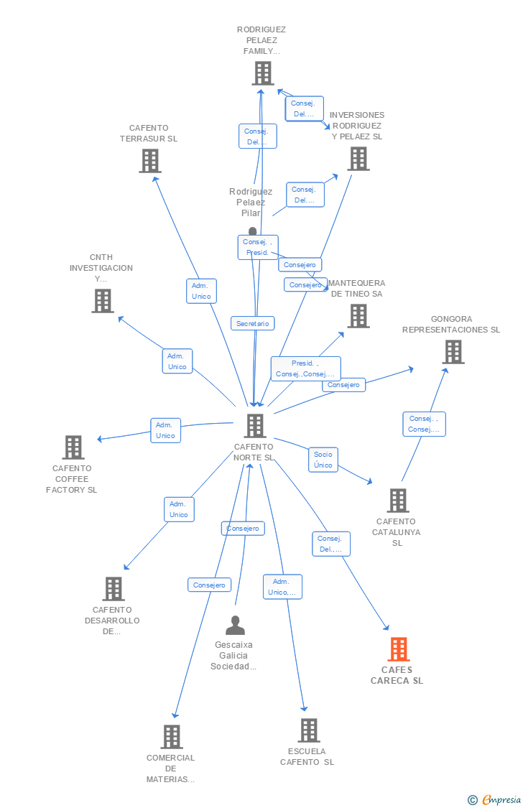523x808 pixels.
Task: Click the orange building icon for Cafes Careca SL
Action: point(399,649)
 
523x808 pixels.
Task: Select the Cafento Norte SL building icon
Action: point(255,426)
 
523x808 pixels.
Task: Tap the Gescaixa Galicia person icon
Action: point(235,626)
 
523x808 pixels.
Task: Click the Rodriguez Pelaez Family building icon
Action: point(263,73)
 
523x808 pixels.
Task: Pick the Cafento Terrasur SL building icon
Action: point(150,161)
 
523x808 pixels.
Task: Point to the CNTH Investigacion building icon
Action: point(103,301)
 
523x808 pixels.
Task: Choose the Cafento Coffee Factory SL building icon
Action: point(73,447)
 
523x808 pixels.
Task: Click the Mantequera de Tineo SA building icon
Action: point(358,316)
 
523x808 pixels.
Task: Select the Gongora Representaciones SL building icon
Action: point(453,352)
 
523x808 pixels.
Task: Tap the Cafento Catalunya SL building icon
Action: point(398,501)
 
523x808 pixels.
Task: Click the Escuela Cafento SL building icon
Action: point(309,730)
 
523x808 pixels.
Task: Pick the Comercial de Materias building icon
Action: point(172,737)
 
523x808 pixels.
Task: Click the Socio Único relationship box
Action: point(323,460)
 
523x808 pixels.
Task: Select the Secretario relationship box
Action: point(253,324)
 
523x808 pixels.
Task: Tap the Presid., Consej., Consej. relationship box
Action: point(305,368)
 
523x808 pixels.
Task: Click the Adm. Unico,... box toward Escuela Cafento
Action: point(282,587)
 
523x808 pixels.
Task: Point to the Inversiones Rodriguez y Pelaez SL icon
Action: point(358,159)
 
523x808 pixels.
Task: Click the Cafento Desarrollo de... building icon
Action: point(114,589)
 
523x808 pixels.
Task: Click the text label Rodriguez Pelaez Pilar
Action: point(251,203)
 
